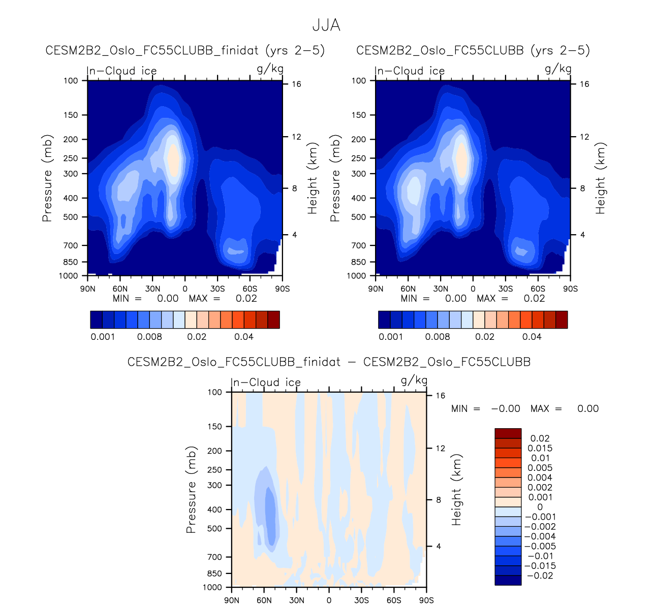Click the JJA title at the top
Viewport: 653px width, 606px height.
coord(326,25)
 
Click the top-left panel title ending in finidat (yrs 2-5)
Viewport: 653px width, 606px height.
coord(185,50)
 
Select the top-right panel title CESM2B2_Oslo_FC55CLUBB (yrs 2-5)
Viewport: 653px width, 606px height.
coord(473,50)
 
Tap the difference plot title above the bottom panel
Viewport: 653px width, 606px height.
coord(329,362)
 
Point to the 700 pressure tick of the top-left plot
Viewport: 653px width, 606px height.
coord(71,245)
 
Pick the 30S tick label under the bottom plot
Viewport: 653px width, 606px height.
coord(361,600)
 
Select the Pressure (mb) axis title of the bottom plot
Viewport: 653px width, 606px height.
coord(191,490)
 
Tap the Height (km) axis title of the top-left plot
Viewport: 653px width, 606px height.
coord(313,178)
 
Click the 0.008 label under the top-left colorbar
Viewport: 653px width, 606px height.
coord(149,337)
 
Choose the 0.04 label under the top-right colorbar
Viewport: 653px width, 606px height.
coord(532,337)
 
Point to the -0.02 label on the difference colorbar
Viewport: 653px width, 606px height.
coord(540,576)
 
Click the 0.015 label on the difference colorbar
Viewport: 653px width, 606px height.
coord(540,448)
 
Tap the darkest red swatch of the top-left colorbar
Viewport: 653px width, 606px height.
coord(273,320)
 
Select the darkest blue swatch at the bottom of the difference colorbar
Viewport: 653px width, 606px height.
coord(508,580)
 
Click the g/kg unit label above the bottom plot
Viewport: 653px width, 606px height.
coord(414,380)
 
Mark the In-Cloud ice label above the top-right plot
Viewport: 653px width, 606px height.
coord(410,71)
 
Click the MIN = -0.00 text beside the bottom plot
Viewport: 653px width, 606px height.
coord(485,408)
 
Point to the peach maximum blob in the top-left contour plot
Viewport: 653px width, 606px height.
coord(173,158)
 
